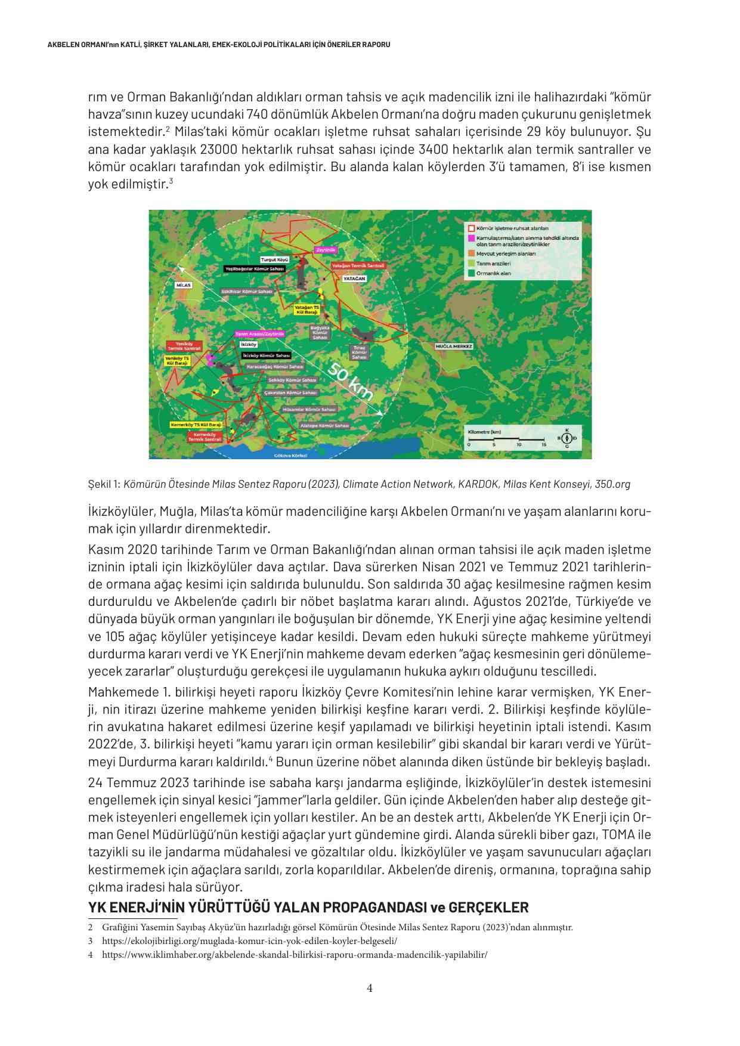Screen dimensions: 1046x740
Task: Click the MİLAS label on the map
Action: tap(184, 286)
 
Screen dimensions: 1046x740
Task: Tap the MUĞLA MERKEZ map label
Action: tap(454, 346)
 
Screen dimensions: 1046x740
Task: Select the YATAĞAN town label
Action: tap(354, 278)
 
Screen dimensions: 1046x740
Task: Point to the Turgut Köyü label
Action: tap(275, 260)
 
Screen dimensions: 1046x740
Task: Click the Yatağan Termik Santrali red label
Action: tap(358, 265)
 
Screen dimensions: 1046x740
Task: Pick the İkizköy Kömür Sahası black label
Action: tap(267, 355)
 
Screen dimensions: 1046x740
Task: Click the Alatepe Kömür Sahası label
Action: tap(324, 426)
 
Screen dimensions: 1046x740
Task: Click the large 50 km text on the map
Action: tap(351, 382)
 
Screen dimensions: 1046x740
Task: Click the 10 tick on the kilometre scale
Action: tap(519, 445)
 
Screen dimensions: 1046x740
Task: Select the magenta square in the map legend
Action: tap(471, 238)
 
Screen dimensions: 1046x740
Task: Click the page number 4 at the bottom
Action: tap(370, 988)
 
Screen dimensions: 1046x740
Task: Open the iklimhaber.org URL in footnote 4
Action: tap(295, 954)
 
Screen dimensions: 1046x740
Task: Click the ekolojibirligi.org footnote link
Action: tap(249, 940)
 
